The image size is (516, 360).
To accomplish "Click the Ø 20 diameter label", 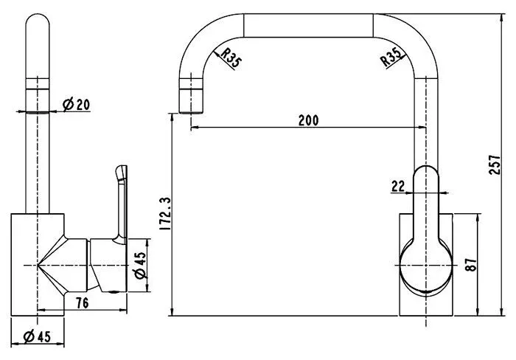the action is (76, 105).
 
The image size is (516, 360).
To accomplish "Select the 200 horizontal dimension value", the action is (308, 120).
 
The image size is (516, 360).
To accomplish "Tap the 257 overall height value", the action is (495, 165).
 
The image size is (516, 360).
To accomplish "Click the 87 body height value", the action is (471, 265).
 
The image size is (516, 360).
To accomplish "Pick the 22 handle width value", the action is (398, 186).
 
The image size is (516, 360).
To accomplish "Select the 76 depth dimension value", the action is (83, 302).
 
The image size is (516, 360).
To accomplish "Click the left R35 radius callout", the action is (231, 58).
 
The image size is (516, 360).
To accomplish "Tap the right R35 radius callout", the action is (391, 57).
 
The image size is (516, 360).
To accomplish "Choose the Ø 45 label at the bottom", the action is (37, 336).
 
